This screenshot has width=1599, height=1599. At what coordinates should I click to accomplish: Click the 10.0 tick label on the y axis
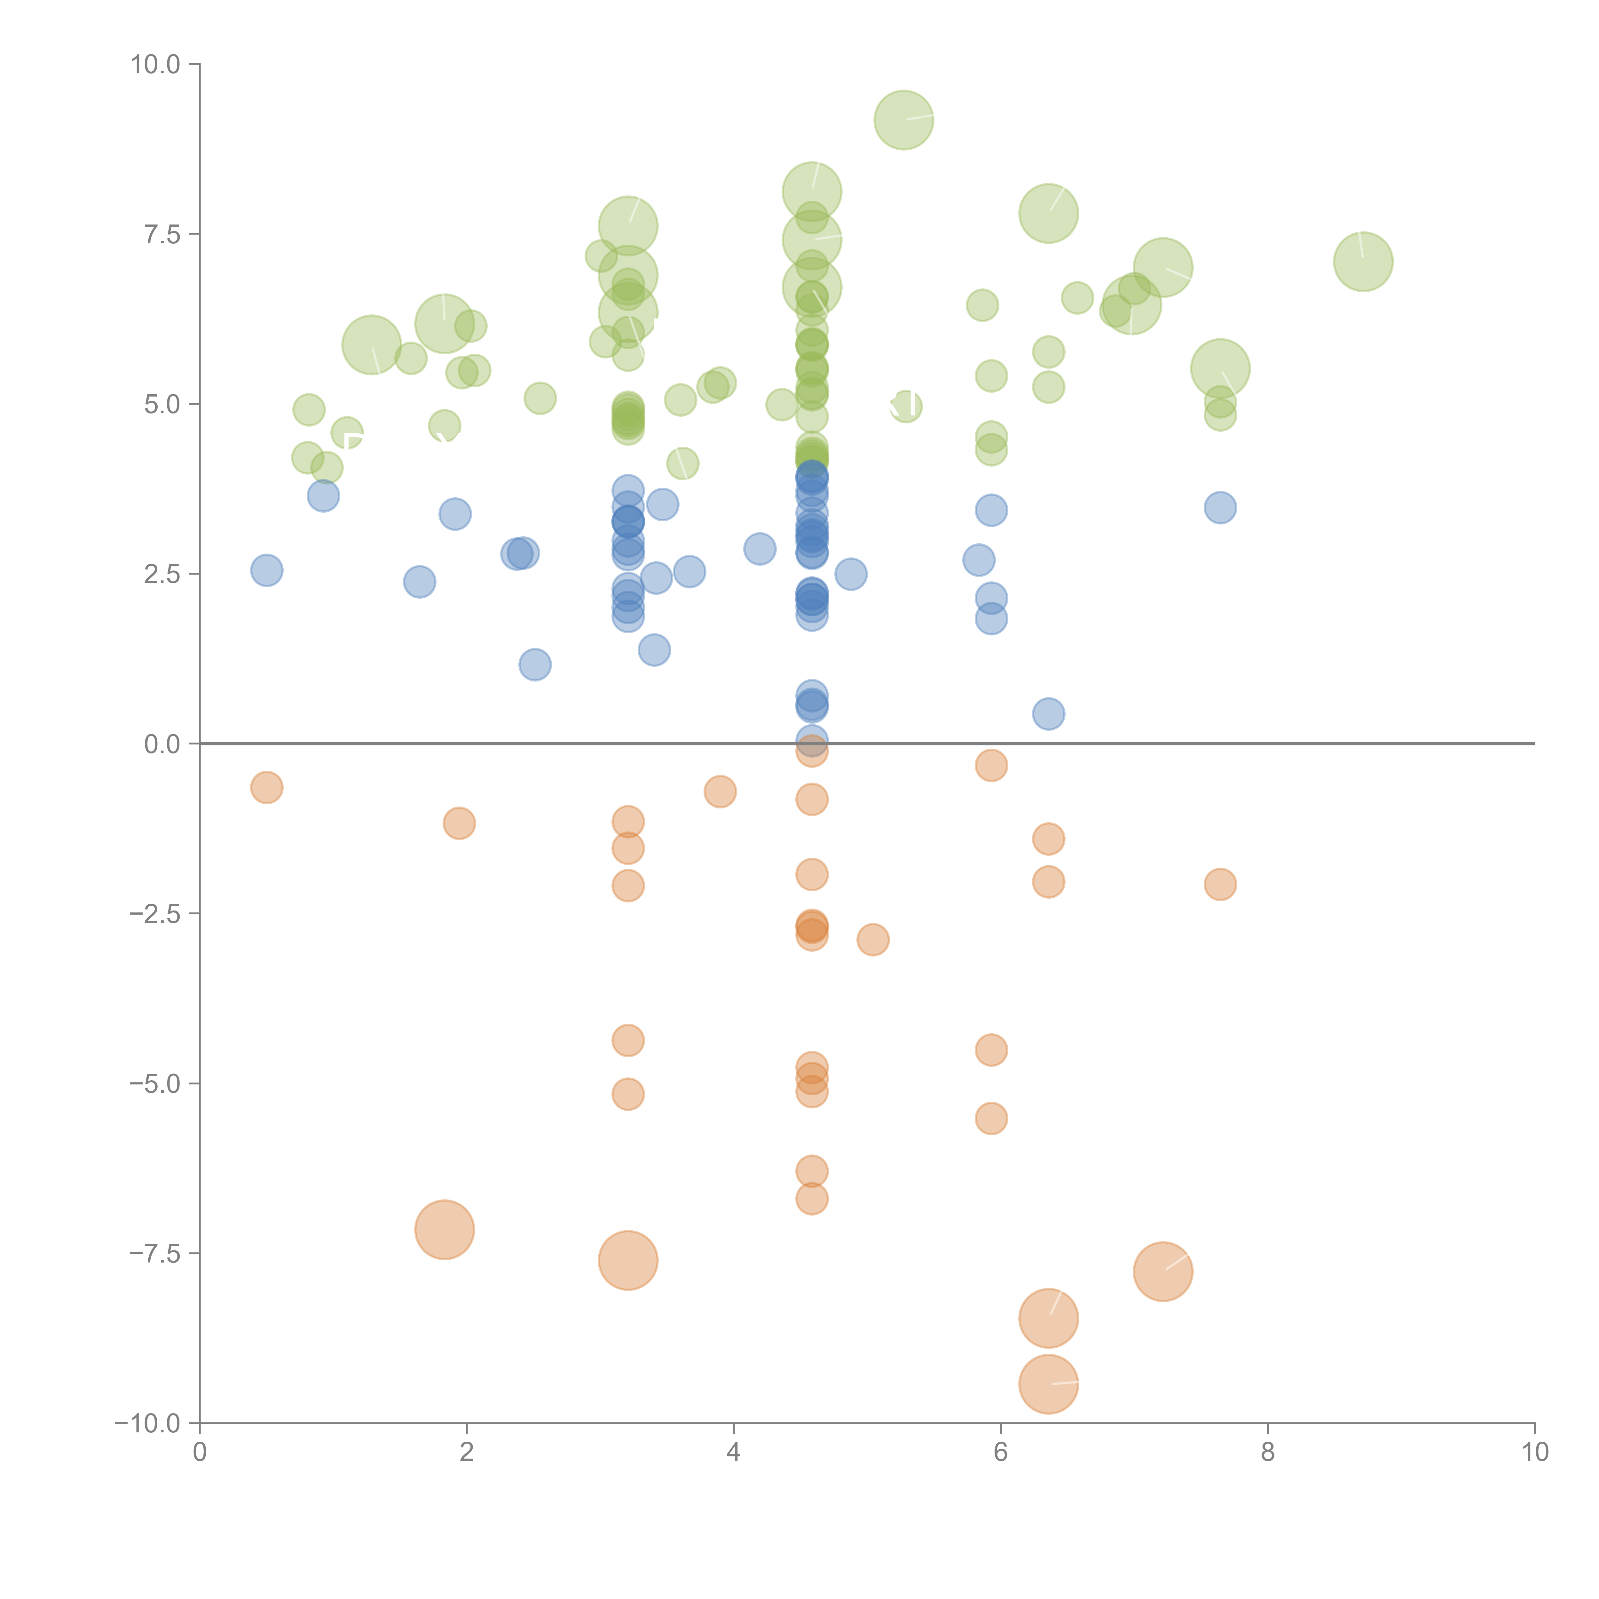click(x=155, y=65)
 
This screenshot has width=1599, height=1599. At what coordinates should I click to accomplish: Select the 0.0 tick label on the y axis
click(x=161, y=744)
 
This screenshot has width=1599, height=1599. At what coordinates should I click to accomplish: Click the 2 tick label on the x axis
click(x=467, y=1453)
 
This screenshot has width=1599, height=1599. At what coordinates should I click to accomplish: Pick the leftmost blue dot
click(x=266, y=570)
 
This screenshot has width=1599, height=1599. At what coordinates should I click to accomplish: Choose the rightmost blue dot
click(x=1220, y=507)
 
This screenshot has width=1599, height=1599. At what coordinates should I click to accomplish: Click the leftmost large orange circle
click(x=445, y=1230)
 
